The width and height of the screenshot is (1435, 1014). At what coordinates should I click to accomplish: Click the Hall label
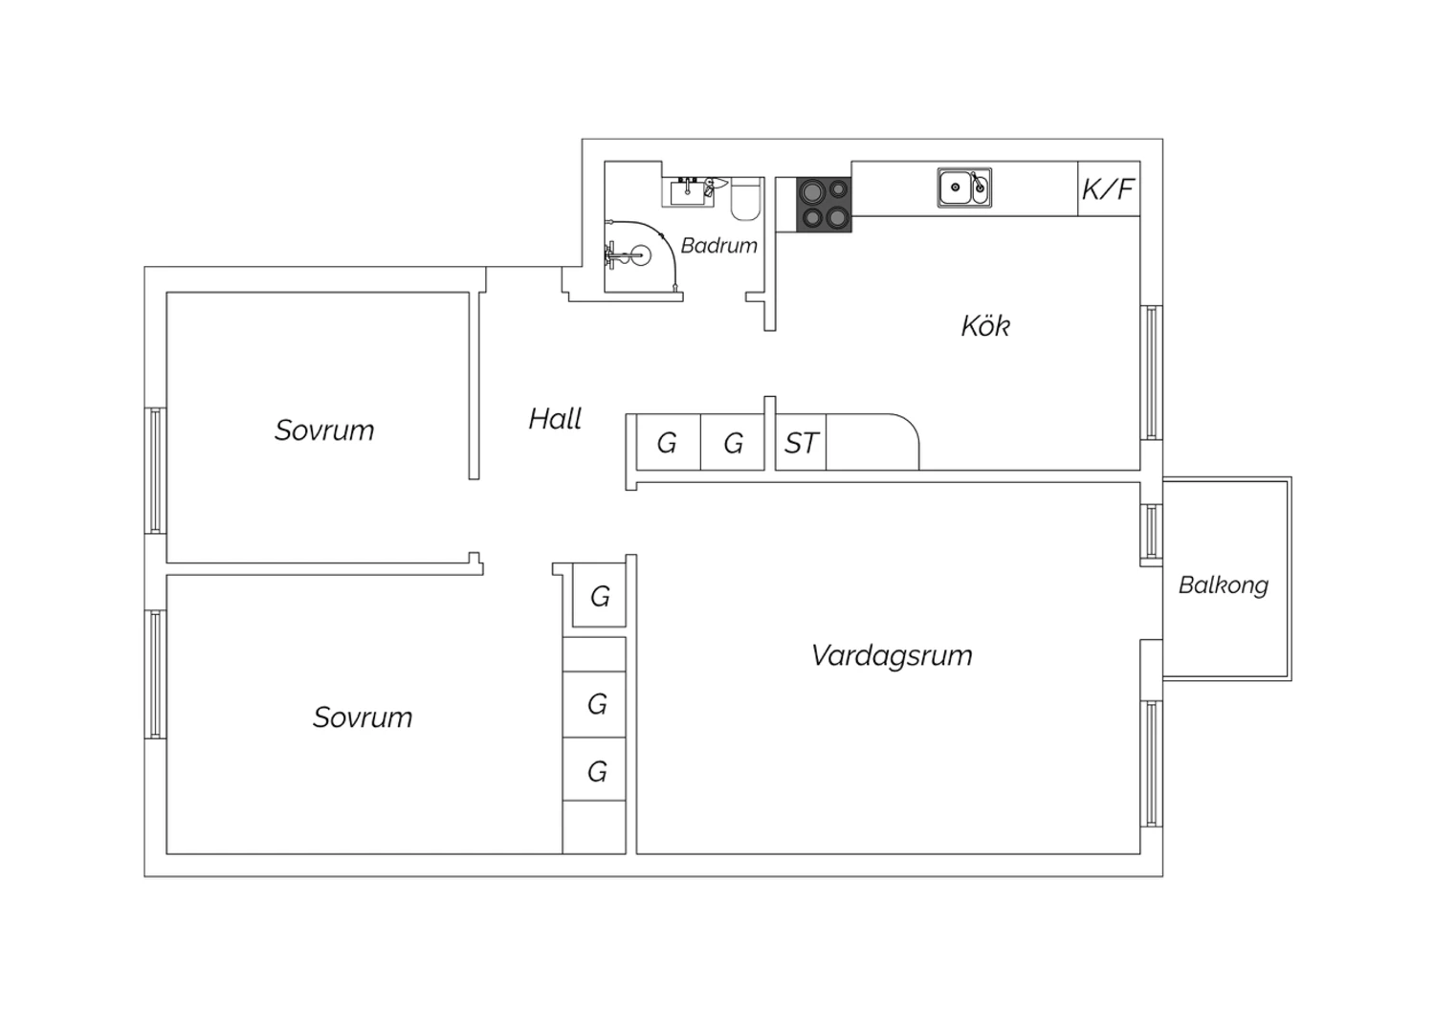click(555, 419)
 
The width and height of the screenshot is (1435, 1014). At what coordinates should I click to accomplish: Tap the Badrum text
click(718, 245)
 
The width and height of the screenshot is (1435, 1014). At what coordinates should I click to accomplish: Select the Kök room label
click(985, 326)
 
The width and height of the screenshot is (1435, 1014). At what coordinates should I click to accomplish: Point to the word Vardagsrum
click(892, 655)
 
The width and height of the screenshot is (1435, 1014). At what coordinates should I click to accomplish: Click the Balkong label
click(1224, 585)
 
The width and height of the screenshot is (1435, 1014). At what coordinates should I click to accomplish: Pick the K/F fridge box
click(1109, 188)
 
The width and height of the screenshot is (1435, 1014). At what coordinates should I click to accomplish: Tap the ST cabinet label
click(801, 443)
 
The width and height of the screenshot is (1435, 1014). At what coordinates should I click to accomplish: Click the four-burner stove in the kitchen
click(824, 205)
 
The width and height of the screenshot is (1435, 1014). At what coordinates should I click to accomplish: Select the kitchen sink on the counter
click(964, 187)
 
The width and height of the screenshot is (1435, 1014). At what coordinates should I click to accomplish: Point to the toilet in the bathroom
click(745, 199)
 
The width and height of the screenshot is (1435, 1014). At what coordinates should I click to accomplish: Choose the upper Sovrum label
click(324, 430)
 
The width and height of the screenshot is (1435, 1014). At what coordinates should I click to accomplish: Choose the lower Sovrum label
click(363, 717)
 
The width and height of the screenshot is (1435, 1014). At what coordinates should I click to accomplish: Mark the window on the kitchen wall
click(1151, 373)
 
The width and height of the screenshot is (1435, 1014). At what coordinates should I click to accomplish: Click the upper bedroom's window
click(155, 471)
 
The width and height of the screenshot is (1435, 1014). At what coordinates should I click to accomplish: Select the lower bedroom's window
click(155, 674)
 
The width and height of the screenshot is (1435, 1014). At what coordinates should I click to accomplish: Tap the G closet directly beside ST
click(733, 443)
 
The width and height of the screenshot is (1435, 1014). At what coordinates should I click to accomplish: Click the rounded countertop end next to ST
click(872, 442)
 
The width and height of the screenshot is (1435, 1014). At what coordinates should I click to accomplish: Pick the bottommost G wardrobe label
click(597, 771)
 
